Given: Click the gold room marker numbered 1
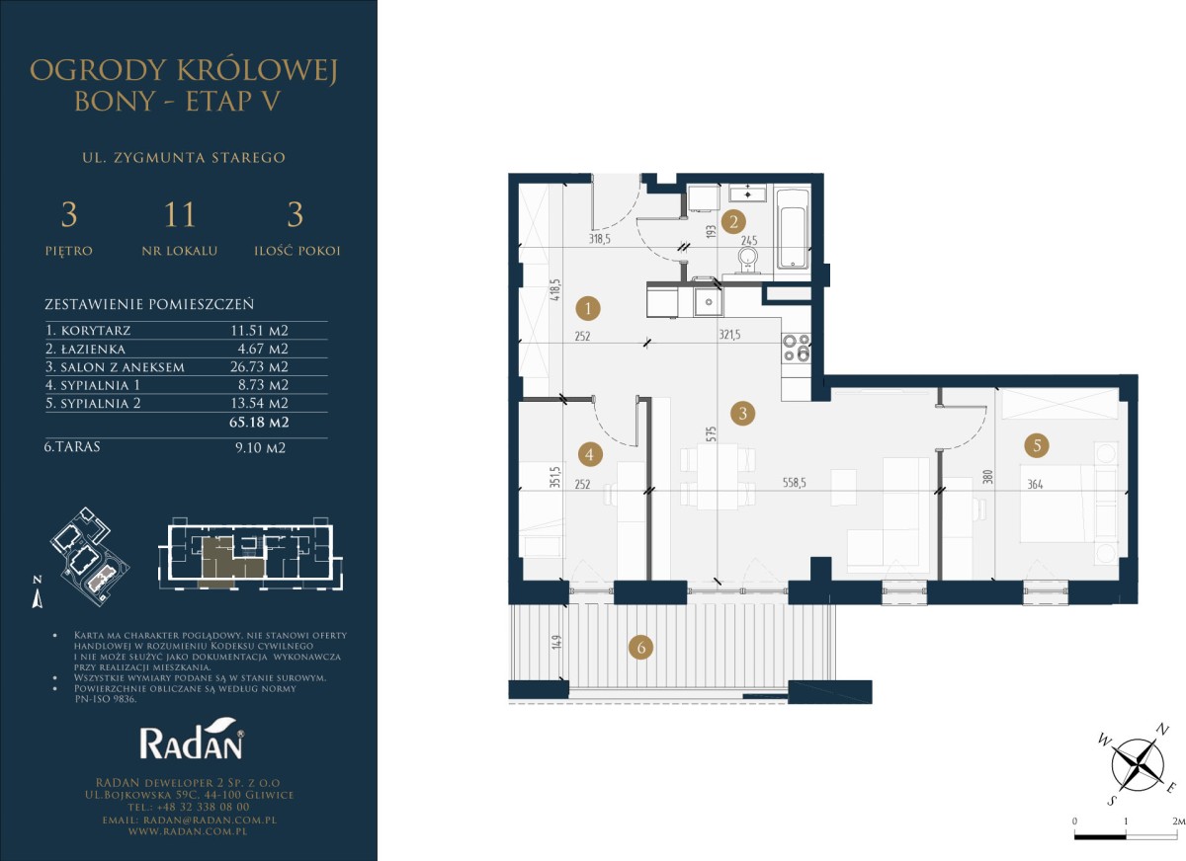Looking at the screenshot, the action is click(x=589, y=308).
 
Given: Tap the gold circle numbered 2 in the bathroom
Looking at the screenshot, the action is click(x=733, y=221).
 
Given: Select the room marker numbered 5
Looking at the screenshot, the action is click(x=1037, y=445).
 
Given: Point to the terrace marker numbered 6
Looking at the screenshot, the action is click(x=641, y=648).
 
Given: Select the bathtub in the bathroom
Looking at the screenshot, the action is click(x=792, y=229).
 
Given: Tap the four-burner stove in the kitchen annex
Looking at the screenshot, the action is click(x=797, y=348).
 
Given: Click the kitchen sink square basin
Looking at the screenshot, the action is click(x=708, y=302).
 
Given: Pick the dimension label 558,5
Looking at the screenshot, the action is click(x=795, y=482).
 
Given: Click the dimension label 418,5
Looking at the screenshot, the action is click(x=554, y=290).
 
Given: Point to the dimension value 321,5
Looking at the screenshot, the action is click(x=729, y=335).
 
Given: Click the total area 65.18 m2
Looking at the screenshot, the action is click(x=259, y=422).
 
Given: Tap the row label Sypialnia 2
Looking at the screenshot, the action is click(x=93, y=404).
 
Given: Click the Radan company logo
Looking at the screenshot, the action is click(x=192, y=738).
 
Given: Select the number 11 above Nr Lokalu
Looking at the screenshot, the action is click(x=180, y=214).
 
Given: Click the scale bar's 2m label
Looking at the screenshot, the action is click(x=1177, y=821).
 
